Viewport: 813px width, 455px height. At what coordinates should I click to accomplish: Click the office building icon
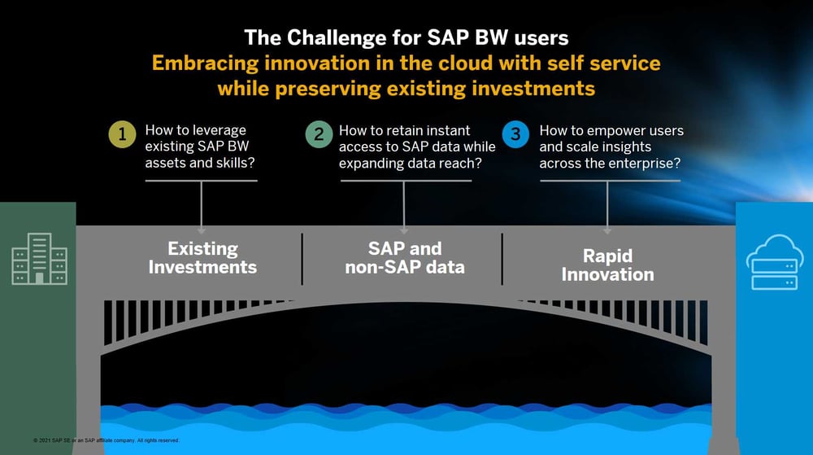pyautogui.click(x=34, y=259)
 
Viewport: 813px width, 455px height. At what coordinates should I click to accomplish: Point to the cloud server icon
pyautogui.click(x=775, y=261)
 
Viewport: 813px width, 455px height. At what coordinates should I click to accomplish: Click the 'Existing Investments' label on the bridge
pyautogui.click(x=202, y=257)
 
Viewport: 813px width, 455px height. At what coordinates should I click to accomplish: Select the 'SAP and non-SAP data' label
pyautogui.click(x=404, y=257)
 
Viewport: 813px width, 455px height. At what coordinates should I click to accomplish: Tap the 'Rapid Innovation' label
pyautogui.click(x=607, y=265)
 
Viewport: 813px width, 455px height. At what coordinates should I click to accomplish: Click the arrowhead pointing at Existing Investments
pyautogui.click(x=202, y=230)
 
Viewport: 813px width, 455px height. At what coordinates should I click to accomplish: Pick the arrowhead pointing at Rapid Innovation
pyautogui.click(x=607, y=230)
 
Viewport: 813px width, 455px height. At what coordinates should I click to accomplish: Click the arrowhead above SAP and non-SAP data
pyautogui.click(x=404, y=230)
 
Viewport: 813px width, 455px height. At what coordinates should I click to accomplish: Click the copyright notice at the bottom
pyautogui.click(x=106, y=440)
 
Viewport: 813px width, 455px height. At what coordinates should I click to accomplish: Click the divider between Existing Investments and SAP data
pyautogui.click(x=302, y=259)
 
